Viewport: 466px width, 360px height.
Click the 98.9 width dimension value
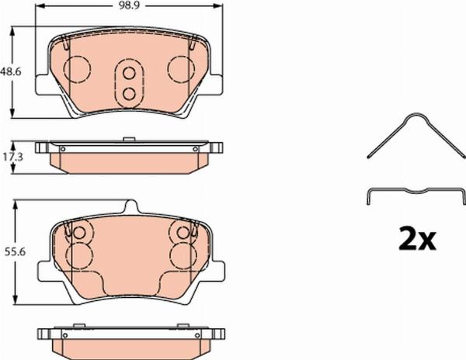(129, 5)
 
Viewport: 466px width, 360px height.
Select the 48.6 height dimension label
(11, 71)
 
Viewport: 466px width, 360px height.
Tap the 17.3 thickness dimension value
(12, 157)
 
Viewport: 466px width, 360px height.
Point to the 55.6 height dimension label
(16, 252)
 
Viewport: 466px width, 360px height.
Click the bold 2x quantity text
(417, 237)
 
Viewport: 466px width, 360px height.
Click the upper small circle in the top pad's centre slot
(129, 73)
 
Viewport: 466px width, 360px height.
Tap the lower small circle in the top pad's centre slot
(129, 94)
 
